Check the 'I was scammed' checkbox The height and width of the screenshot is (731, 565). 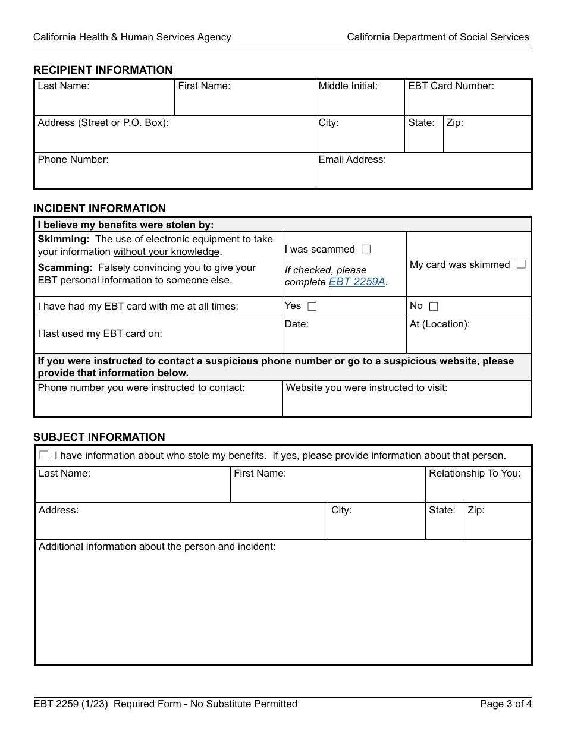click(366, 250)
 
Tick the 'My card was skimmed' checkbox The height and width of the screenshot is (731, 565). click(521, 264)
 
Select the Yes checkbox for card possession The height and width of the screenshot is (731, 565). click(312, 307)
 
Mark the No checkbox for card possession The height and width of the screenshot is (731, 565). click(434, 307)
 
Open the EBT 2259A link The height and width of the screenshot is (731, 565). click(357, 282)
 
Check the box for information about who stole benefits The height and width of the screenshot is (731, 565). click(44, 456)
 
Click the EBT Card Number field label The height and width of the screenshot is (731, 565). click(451, 86)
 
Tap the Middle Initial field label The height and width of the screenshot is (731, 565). click(348, 86)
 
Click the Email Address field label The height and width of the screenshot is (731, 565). click(352, 160)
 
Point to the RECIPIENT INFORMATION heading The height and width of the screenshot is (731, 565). click(103, 70)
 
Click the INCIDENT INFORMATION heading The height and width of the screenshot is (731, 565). click(99, 209)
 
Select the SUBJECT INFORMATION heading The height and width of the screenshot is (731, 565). click(99, 437)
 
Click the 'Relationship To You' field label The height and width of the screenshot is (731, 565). click(475, 474)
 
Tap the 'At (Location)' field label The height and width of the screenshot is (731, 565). click(440, 324)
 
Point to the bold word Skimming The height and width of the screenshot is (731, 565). click(63, 240)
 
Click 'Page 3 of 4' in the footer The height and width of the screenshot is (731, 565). click(506, 704)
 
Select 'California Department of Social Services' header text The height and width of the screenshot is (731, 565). click(438, 37)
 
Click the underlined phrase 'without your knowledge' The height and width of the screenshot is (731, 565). click(167, 252)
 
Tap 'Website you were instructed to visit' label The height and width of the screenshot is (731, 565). click(366, 388)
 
